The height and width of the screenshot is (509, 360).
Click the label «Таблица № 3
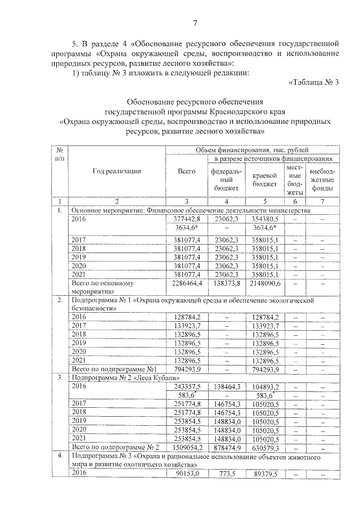point(314,83)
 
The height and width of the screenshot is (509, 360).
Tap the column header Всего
point(186,172)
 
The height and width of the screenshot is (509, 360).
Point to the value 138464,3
point(227,388)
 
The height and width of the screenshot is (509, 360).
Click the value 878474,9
point(227,447)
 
